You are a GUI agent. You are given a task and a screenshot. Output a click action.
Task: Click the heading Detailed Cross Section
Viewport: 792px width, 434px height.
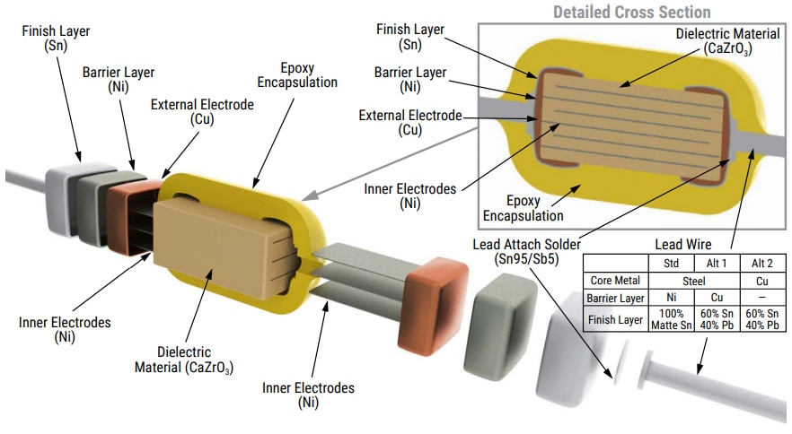click(631, 12)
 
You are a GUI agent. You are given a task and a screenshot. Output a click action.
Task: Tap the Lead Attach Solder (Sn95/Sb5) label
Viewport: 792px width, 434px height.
click(527, 254)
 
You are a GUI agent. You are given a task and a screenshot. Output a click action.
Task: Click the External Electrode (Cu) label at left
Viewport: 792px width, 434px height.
click(202, 111)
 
